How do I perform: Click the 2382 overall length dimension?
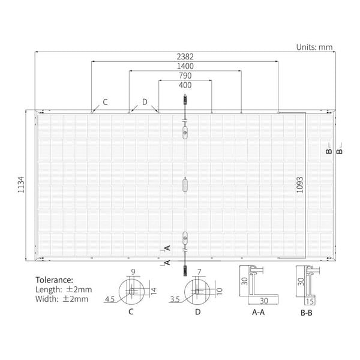(x=185, y=56)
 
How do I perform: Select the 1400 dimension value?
(x=185, y=66)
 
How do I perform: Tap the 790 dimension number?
(x=185, y=76)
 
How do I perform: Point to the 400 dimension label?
(x=185, y=85)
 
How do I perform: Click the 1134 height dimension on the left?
(x=21, y=185)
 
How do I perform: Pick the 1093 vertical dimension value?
(x=299, y=185)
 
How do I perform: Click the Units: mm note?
(x=314, y=47)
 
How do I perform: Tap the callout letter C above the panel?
(x=105, y=102)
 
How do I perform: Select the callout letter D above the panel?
(x=145, y=102)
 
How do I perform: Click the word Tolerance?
(x=54, y=280)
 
